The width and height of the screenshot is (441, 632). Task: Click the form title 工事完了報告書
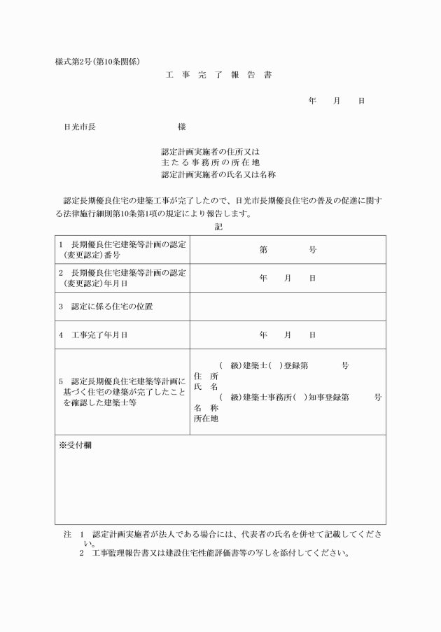point(218,74)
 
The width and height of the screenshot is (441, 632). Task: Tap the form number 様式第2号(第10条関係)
point(102,61)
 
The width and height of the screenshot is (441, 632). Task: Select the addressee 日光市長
point(80,127)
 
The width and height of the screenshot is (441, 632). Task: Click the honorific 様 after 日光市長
point(182,127)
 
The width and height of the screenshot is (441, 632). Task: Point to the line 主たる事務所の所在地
point(210,162)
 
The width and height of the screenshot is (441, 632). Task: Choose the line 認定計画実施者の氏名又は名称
point(223,174)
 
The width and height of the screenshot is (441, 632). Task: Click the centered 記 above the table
point(219,227)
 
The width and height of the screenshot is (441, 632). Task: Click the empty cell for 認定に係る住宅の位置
point(287,307)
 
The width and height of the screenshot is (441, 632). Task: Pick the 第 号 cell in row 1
point(287,249)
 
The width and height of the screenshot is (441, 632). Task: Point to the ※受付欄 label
point(75,444)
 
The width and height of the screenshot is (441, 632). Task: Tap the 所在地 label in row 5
point(206,419)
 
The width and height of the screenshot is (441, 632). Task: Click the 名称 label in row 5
point(206,408)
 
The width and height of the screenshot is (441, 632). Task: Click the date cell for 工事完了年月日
point(287,335)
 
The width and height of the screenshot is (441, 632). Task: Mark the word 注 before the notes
point(67,534)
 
